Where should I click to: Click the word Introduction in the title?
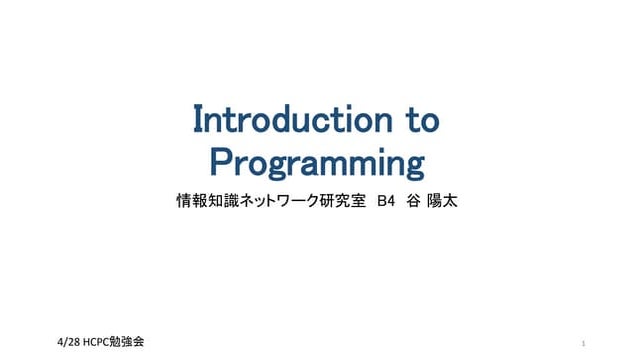(x=284, y=121)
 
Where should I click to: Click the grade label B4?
(x=387, y=200)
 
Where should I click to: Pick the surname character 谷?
(x=415, y=200)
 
